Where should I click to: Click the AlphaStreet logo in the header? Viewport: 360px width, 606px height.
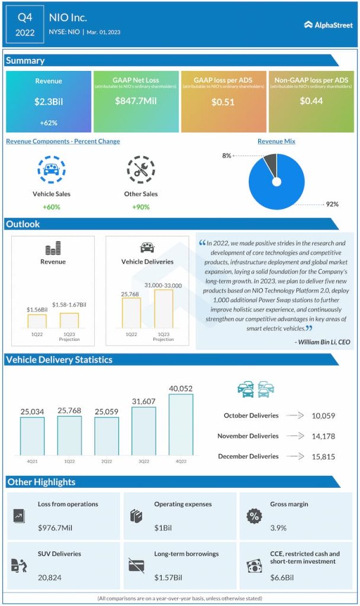click(x=327, y=25)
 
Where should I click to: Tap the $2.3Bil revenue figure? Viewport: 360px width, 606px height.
click(x=49, y=101)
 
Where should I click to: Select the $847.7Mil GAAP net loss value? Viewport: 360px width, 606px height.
click(x=136, y=101)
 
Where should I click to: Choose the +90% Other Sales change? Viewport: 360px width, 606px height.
click(x=141, y=207)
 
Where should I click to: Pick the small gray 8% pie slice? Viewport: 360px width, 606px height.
click(x=269, y=162)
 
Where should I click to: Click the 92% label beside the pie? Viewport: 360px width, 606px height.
click(x=332, y=204)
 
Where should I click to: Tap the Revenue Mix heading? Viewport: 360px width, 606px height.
click(x=277, y=141)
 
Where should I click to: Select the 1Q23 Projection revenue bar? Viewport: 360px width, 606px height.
click(x=69, y=320)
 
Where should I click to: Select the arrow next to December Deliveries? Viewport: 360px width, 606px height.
click(x=295, y=456)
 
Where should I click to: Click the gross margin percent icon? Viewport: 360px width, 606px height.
click(x=254, y=516)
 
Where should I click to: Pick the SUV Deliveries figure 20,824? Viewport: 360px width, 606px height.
click(x=50, y=577)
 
